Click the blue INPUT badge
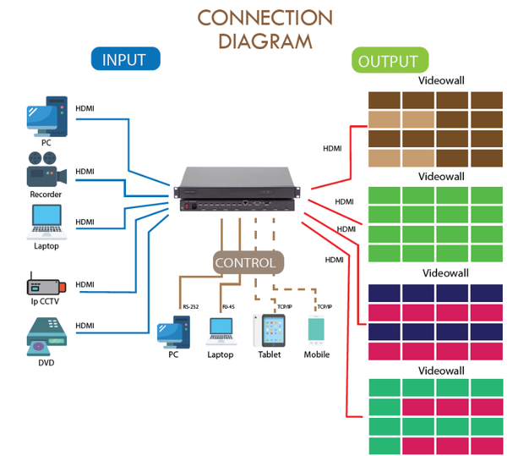pos(124,60)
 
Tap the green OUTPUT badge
pos(388,61)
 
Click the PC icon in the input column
pos(46,119)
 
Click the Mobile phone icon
pos(317,331)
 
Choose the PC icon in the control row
pos(174,331)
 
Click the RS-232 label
pos(190,307)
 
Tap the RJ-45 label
pos(228,307)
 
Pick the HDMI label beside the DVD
pos(84,326)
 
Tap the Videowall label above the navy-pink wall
pos(445,274)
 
